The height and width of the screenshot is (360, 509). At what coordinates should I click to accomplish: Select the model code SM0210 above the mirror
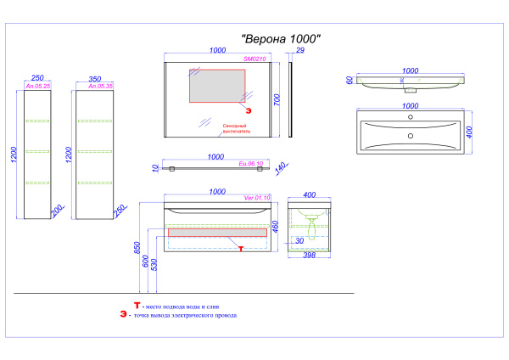click(255, 59)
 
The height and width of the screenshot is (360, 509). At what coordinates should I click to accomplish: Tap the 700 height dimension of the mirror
click(276, 99)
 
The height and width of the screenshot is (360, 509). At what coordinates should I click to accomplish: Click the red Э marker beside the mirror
click(249, 110)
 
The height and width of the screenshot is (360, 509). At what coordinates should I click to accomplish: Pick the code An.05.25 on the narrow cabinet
click(40, 86)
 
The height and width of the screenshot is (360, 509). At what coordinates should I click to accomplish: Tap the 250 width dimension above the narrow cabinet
click(37, 77)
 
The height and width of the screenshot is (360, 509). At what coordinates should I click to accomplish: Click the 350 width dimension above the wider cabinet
click(95, 77)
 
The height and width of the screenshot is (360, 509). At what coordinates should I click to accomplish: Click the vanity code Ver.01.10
click(256, 198)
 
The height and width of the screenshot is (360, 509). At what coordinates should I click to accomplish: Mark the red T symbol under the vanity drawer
click(241, 248)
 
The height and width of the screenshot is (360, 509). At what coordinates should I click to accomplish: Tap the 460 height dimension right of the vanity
click(276, 229)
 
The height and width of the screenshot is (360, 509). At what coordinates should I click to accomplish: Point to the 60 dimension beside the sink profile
click(348, 81)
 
